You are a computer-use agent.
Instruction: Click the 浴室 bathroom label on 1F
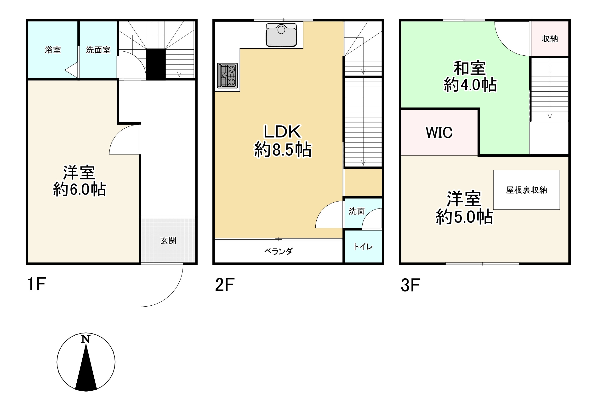tap(53, 50)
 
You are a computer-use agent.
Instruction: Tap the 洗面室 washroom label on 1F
tap(98, 50)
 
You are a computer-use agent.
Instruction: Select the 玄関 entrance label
tap(168, 240)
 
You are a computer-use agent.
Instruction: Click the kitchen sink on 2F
tap(281, 35)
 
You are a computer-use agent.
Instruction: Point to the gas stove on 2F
tap(227, 76)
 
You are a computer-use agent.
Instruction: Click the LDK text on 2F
tap(282, 132)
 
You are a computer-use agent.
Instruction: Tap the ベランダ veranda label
tap(279, 251)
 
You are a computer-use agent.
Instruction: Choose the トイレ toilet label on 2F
tap(363, 247)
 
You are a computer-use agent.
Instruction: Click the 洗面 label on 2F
tap(357, 211)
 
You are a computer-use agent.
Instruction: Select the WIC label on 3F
tap(439, 132)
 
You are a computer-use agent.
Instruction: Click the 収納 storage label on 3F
tap(550, 39)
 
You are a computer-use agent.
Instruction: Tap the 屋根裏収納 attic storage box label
tap(526, 190)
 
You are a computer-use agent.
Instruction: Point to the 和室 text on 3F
tap(470, 68)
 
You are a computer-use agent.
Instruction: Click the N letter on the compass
tap(86, 339)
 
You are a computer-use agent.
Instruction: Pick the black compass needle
tap(86, 371)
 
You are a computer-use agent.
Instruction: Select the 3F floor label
tap(410, 285)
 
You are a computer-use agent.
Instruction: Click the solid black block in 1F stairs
tap(156, 64)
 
